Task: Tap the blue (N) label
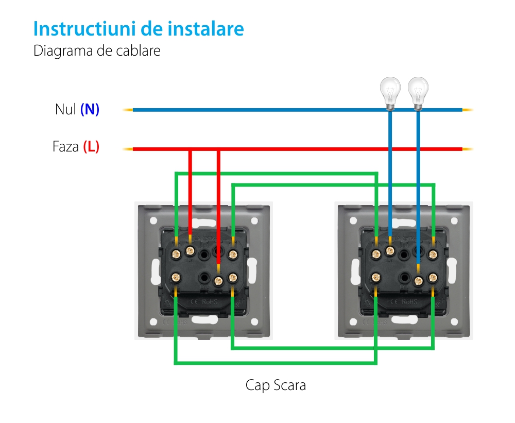pos(90,110)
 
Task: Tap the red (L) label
pos(91,147)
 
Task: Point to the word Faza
pos(66,147)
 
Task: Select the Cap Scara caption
pos(276,385)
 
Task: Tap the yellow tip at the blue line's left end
pos(127,110)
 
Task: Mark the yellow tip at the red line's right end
pos(468,149)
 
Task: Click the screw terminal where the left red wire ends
pos(190,251)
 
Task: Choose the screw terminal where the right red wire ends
pos(218,281)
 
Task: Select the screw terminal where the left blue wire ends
pos(390,251)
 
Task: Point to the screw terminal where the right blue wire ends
pos(418,281)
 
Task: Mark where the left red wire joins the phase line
pos(191,149)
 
